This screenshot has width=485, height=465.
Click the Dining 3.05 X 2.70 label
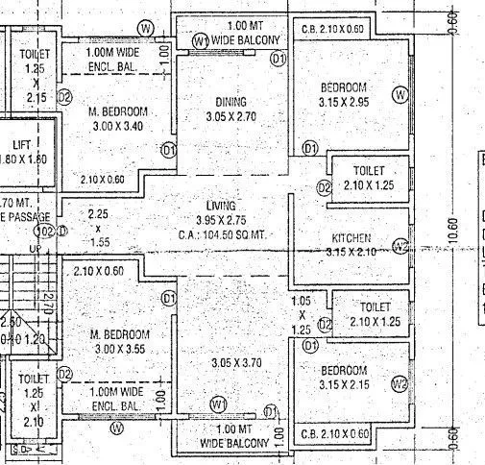(230, 109)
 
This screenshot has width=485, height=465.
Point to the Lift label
(21, 151)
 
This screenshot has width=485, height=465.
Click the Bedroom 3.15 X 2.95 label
(344, 95)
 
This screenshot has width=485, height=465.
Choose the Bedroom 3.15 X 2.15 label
(344, 379)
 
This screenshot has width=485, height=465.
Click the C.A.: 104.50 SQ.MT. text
(222, 235)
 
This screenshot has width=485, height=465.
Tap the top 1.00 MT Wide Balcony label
(238, 32)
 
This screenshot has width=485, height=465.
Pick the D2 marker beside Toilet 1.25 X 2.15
(64, 97)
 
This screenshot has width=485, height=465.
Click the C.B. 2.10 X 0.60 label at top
(333, 29)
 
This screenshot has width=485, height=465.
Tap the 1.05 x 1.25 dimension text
(302, 314)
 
